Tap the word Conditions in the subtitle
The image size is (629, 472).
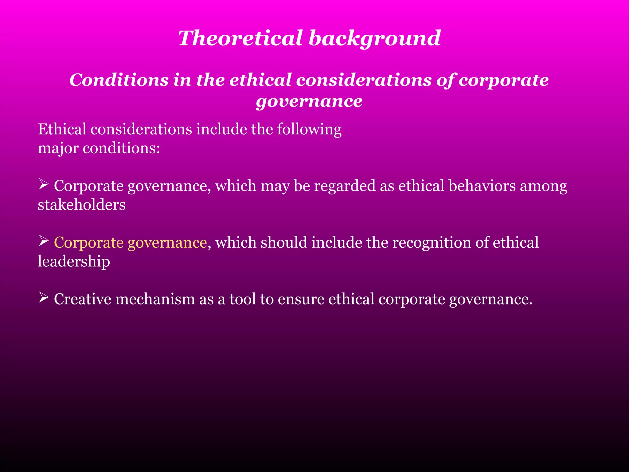click(119, 80)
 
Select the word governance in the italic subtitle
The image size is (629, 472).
click(309, 101)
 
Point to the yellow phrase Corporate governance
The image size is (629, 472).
click(130, 242)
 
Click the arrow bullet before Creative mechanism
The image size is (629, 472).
click(44, 297)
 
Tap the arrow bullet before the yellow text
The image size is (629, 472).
click(44, 241)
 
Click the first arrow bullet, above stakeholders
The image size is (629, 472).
click(44, 184)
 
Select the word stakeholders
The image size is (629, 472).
click(81, 205)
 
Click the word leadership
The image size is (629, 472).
click(74, 262)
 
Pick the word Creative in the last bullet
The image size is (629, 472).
click(82, 299)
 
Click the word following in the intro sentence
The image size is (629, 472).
click(309, 130)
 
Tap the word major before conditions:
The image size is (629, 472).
click(58, 149)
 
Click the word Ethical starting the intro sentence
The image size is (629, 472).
click(62, 129)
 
